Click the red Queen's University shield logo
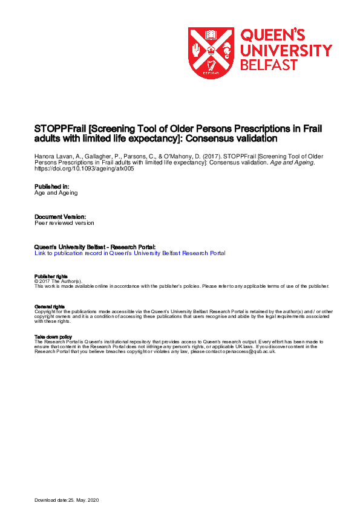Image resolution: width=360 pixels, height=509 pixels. (211, 53)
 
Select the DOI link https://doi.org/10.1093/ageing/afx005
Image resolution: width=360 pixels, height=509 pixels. (84, 169)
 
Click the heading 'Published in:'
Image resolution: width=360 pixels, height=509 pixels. (51, 187)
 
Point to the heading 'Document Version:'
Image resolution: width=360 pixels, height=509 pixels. (60, 216)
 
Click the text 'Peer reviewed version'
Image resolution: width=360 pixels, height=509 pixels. (64, 223)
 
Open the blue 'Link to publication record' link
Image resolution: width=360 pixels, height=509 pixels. (130, 253)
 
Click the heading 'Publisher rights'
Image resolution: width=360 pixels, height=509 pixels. (51, 276)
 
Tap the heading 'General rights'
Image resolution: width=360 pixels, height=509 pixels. (49, 306)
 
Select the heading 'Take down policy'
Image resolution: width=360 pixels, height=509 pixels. (53, 337)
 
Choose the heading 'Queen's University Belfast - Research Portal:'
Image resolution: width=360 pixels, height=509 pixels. (95, 247)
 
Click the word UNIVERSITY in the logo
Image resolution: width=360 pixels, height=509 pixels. (286, 50)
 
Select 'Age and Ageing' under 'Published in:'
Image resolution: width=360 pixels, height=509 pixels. (56, 193)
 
